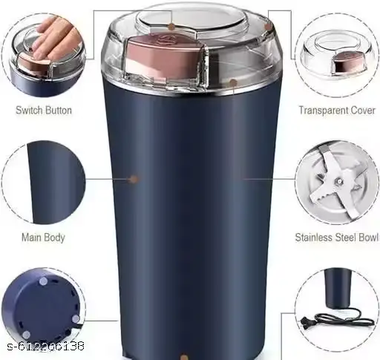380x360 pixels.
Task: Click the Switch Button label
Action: (x=43, y=111)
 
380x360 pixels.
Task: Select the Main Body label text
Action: (x=43, y=238)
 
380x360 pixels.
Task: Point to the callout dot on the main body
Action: (x=134, y=179)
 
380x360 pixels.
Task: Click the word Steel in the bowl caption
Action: (x=340, y=238)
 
